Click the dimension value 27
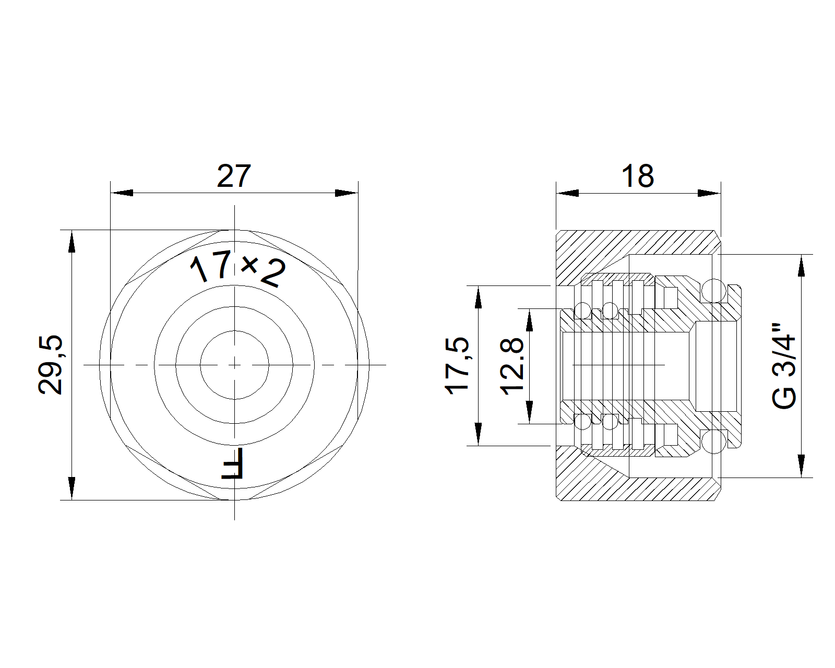[233, 176]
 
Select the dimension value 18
[637, 176]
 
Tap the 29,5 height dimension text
[51, 365]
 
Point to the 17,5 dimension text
[457, 365]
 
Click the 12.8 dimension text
[512, 365]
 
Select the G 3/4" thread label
[784, 365]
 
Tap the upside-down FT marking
[233, 463]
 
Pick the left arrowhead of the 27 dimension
[121, 193]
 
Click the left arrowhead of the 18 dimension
[567, 193]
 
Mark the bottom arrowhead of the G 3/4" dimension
[801, 466]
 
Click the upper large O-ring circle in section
[714, 291]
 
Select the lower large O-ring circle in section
[714, 443]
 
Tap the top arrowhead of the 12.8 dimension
[530, 319]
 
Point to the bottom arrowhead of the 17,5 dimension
[478, 434]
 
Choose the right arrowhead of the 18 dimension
[709, 193]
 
